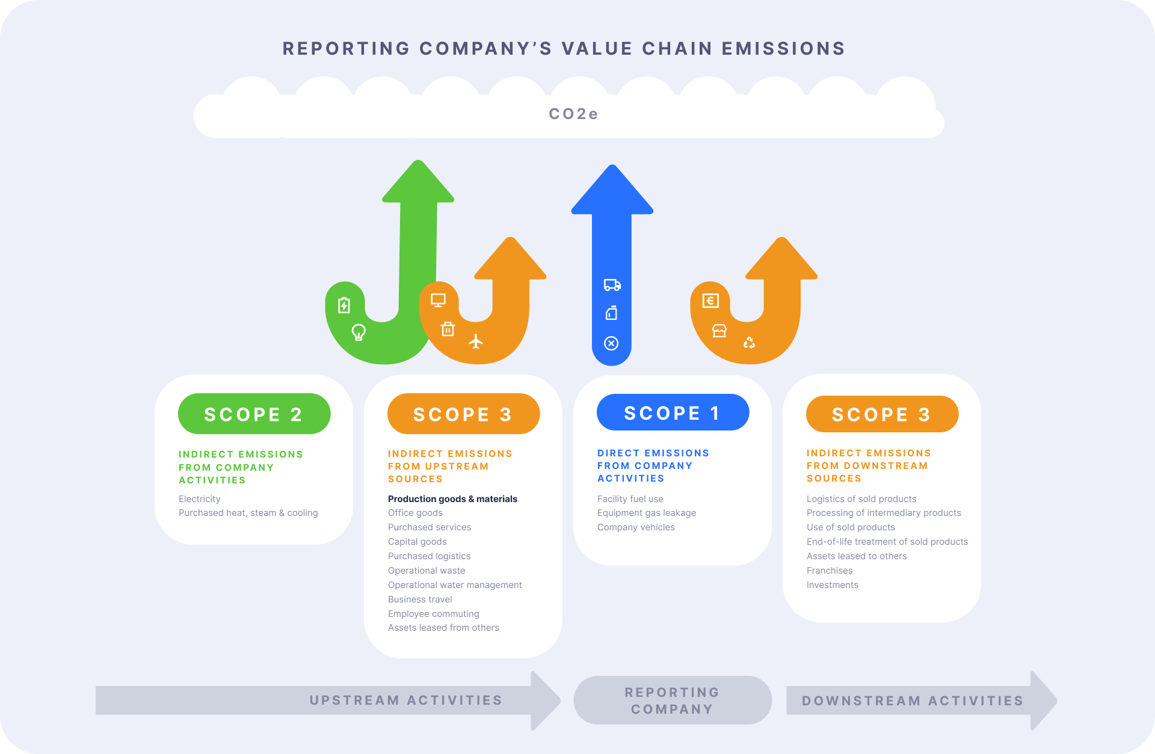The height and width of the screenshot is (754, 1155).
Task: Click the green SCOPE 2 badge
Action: [x=254, y=414]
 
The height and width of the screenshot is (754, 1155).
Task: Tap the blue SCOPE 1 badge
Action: [x=673, y=413]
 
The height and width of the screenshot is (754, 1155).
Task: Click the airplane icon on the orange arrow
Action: [x=476, y=342]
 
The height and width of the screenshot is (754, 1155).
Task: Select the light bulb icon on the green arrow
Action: [x=359, y=332]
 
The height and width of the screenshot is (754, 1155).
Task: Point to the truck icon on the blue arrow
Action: [x=612, y=285]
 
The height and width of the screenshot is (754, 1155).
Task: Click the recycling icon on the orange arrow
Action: [x=749, y=343]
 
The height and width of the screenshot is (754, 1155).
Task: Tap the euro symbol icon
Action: [x=710, y=301]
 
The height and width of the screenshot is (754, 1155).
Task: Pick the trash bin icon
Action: [x=448, y=329]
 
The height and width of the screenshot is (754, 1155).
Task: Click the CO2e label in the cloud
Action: [x=573, y=114]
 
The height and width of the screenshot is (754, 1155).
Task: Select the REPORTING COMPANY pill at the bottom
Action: [x=672, y=700]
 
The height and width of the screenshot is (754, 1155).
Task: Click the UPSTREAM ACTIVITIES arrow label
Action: [x=405, y=700]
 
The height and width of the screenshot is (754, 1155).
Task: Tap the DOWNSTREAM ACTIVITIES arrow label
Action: [x=913, y=701]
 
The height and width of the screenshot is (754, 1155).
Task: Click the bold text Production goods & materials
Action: [x=452, y=499]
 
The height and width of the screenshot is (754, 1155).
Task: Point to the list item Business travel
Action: [x=420, y=599]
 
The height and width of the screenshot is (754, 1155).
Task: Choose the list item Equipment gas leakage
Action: [x=646, y=513]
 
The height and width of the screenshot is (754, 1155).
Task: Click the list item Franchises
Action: [x=829, y=571]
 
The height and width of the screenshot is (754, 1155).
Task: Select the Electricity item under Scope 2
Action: [x=199, y=499]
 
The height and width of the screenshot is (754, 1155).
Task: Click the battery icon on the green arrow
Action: [x=343, y=305]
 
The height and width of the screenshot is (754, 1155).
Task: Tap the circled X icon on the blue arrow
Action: [x=611, y=343]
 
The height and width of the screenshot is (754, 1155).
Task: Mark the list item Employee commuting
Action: [x=433, y=614]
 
